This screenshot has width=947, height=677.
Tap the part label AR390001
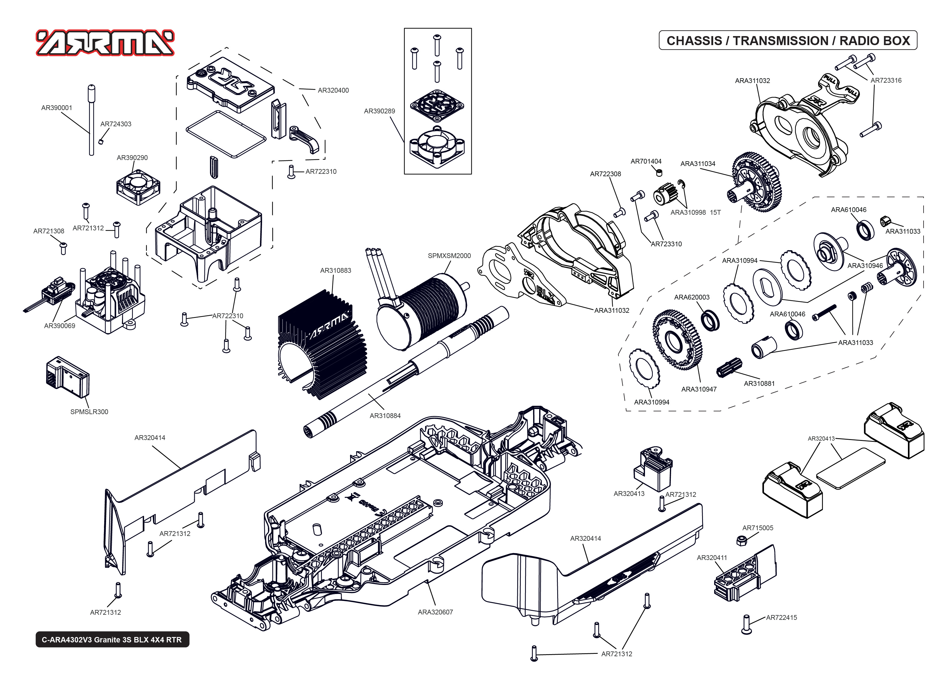[57, 108]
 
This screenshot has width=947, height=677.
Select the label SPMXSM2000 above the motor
[449, 256]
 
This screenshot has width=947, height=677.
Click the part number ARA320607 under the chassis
[435, 612]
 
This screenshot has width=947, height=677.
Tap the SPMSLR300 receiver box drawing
[67, 377]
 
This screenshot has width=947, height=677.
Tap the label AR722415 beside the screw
[781, 617]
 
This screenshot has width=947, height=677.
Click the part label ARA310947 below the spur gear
[699, 389]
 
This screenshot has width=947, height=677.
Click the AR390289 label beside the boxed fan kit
[379, 111]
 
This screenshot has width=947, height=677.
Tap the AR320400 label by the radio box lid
[333, 90]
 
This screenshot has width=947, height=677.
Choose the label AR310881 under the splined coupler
[759, 383]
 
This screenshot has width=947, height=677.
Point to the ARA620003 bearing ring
[710, 320]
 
